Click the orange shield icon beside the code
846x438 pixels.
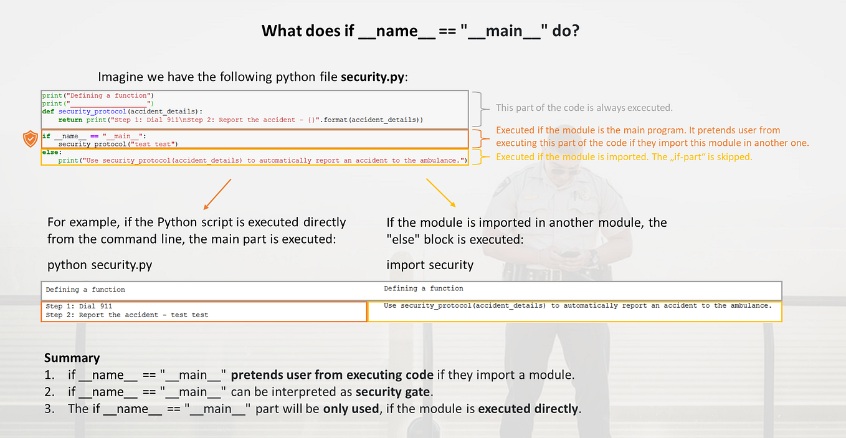coord(30,139)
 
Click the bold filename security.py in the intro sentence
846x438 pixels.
coord(373,77)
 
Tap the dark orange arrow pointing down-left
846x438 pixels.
coord(217,194)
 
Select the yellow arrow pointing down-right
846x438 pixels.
coord(441,193)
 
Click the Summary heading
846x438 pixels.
coord(72,358)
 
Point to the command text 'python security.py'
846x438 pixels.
coord(100,265)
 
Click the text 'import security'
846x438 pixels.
coord(430,265)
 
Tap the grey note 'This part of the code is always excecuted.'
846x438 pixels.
coord(584,108)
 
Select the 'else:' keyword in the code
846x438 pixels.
coord(51,152)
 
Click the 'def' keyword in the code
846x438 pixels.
coord(48,112)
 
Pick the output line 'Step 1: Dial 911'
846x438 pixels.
coord(79,306)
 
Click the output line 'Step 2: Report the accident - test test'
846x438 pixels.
coord(127,315)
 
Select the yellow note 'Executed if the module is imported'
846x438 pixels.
coord(624,157)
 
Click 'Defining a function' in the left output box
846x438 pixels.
coord(85,290)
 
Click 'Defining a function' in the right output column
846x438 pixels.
coord(424,288)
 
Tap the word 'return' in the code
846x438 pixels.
coord(70,120)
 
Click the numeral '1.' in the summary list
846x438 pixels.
coord(49,375)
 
